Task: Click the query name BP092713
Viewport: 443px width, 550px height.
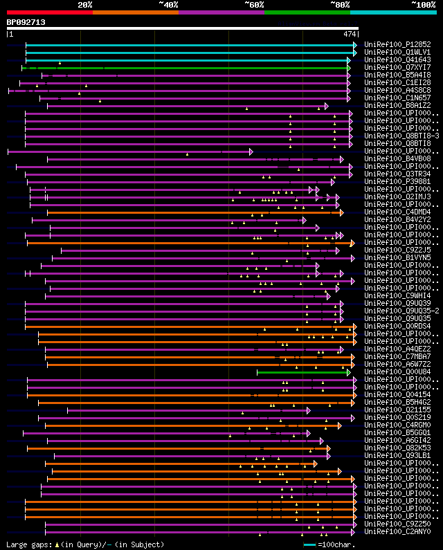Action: pos(26,22)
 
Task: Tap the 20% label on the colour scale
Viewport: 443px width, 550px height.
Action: pos(85,5)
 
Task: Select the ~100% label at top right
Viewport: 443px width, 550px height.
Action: pos(423,5)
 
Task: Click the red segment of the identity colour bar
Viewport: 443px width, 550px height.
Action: pos(49,12)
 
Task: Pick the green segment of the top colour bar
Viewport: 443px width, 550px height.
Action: pos(307,12)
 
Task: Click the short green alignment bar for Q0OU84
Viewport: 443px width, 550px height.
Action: pos(303,372)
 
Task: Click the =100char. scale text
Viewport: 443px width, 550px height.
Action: pos(338,544)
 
